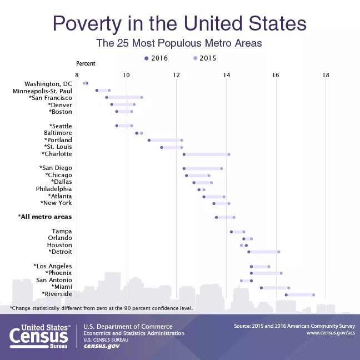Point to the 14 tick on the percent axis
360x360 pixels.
(x=227, y=75)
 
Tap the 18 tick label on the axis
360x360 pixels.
(x=326, y=75)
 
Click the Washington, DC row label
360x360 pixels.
(x=48, y=83)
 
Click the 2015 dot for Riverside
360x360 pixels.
(x=314, y=294)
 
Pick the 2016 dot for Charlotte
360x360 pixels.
(x=184, y=154)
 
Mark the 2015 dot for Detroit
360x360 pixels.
(x=279, y=252)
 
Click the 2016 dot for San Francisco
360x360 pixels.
(x=107, y=97)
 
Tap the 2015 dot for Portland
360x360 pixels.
(x=182, y=140)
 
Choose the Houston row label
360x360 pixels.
(x=59, y=245)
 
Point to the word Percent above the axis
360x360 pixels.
(x=86, y=63)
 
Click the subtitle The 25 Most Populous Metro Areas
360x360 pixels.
(x=179, y=43)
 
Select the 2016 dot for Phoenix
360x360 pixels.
(x=251, y=273)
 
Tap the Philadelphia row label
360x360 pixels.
(x=54, y=189)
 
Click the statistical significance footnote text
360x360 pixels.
(x=101, y=307)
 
